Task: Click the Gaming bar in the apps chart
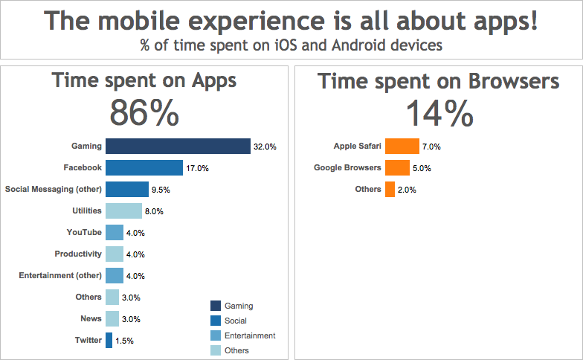[x=178, y=147]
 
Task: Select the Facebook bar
[x=144, y=168]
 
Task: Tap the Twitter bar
[x=109, y=340]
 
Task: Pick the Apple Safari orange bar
[x=402, y=147]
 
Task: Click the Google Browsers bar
[x=397, y=168]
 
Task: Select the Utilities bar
[x=123, y=211]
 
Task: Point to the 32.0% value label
[x=265, y=147]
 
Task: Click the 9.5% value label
[x=161, y=190]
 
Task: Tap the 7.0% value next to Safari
[x=432, y=147]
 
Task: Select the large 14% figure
[x=439, y=113]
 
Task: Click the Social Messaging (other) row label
[x=53, y=190]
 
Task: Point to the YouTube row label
[x=84, y=233]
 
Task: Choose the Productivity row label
[x=78, y=254]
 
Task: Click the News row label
[x=91, y=318]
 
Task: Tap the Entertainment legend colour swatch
[x=216, y=335]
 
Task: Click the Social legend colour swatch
[x=216, y=321]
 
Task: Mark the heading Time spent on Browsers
[x=438, y=81]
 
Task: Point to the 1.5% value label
[x=125, y=341]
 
